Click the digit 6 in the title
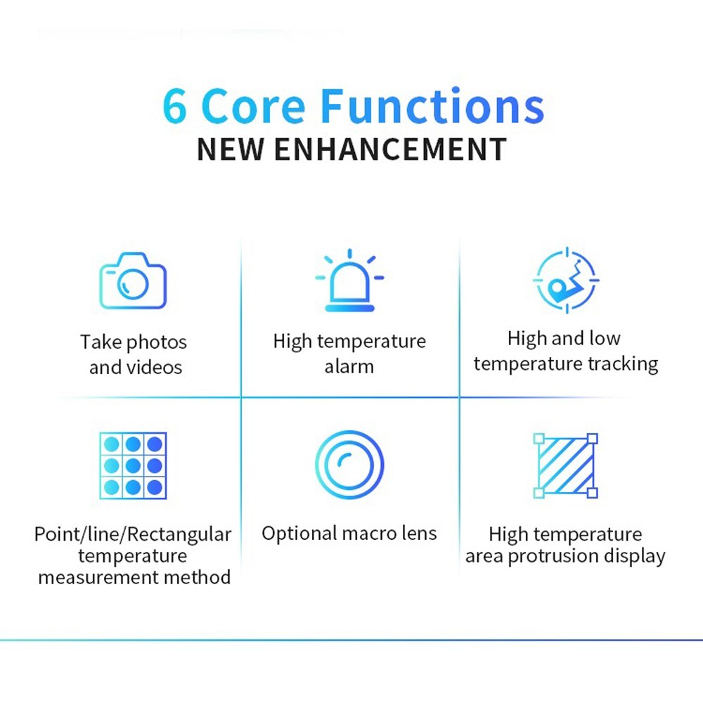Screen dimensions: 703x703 (x=174, y=106)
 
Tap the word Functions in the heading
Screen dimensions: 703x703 (x=433, y=105)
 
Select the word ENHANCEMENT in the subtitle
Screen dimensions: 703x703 (x=390, y=149)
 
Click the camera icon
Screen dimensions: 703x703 (x=133, y=280)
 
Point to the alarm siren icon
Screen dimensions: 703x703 (x=349, y=280)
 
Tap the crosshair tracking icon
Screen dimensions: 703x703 (x=566, y=280)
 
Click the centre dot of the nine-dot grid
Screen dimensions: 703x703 (x=133, y=466)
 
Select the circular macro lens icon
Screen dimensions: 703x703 (x=349, y=465)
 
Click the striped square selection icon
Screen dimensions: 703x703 (x=566, y=466)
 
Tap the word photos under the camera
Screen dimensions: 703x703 (x=157, y=343)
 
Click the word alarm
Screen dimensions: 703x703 (x=349, y=367)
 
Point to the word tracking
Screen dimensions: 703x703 (x=623, y=364)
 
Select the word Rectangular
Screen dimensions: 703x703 (x=179, y=534)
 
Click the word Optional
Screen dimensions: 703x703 (x=299, y=534)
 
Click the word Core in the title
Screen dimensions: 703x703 (x=254, y=106)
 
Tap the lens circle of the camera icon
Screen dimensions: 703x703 (x=133, y=283)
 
